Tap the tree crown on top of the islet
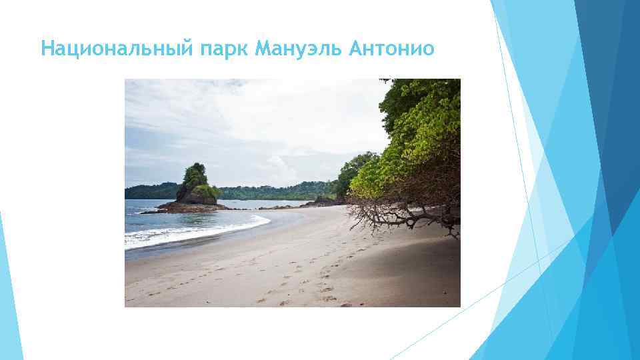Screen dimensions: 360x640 click(195, 175)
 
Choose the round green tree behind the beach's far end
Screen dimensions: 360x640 click(353, 170)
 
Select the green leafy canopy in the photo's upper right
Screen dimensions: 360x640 click(427, 120)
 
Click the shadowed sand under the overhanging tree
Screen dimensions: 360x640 click(413, 253)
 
